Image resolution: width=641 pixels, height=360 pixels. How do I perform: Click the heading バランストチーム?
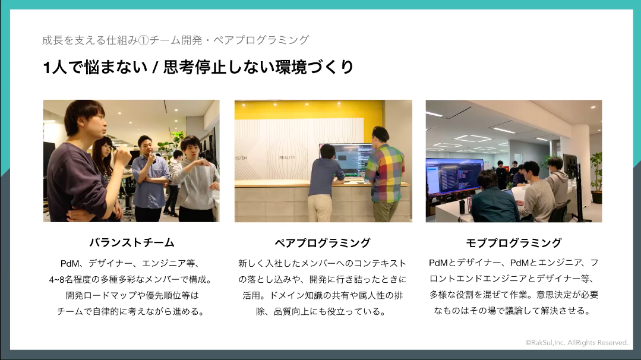[x=132, y=243]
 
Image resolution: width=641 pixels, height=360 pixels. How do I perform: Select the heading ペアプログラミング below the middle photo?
[x=323, y=243]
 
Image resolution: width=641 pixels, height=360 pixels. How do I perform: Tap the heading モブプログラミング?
[x=514, y=243]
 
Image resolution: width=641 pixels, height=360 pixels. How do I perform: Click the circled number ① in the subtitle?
[x=144, y=40]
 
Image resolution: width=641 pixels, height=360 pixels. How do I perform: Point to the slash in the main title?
[x=155, y=67]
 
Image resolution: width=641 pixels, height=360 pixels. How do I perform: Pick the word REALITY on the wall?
[x=287, y=157]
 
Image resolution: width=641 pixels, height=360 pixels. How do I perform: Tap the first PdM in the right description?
[x=438, y=263]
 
